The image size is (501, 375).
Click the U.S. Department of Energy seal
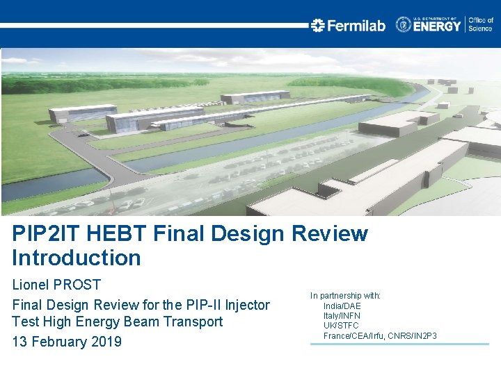404,25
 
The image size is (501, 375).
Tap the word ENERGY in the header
438,26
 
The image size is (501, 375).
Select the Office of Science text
481,25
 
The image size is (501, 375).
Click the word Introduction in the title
77,258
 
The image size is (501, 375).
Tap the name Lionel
30,285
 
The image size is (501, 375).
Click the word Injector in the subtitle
247,304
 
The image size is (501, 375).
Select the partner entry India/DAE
342,306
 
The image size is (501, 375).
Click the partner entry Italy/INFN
342,316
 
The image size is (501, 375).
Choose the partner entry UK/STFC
341,326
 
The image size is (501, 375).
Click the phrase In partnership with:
345,296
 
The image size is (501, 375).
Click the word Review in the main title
330,234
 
